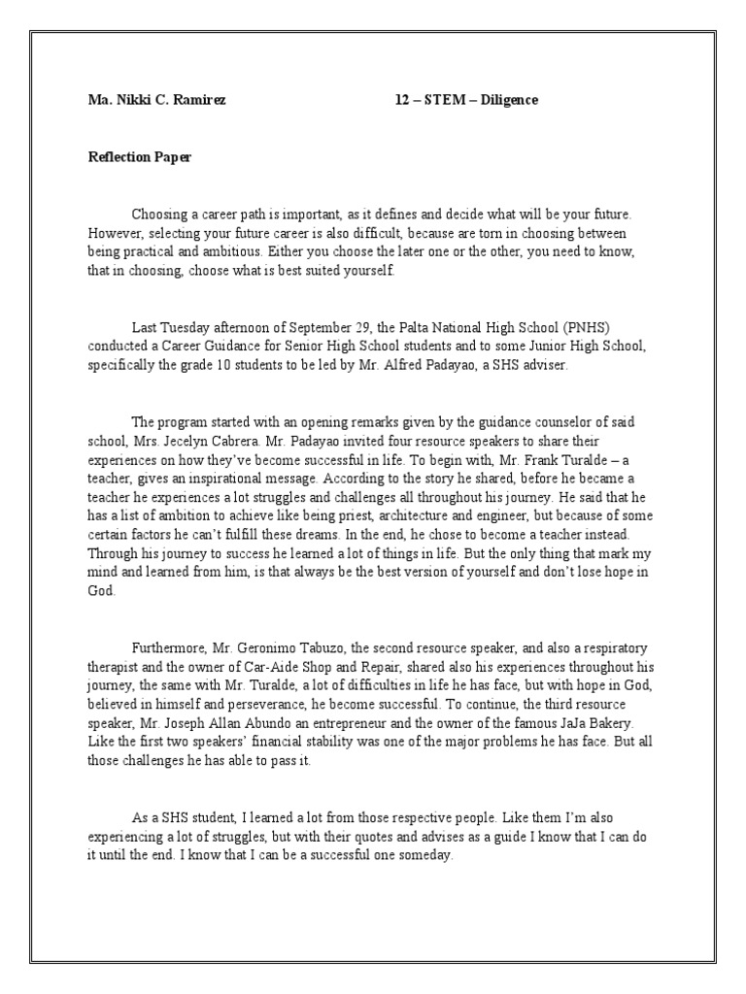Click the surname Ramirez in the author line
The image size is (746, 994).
tap(200, 100)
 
